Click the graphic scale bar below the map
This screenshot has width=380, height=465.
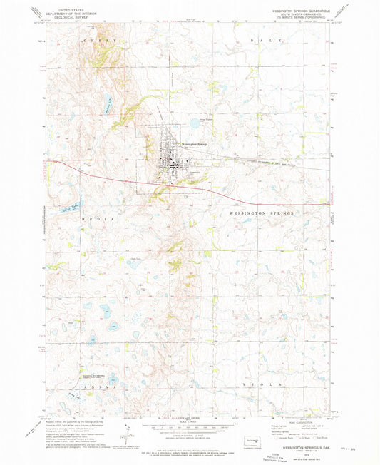click(x=190, y=428)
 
